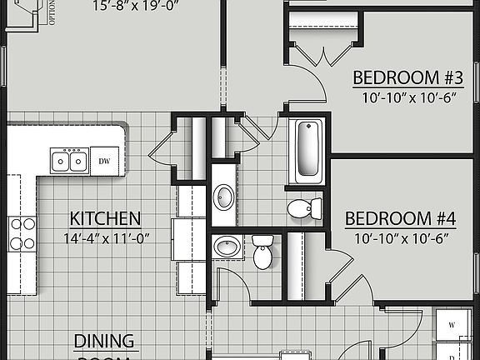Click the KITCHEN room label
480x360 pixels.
point(105,219)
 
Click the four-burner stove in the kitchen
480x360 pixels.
point(22,234)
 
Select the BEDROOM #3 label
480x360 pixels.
point(408,77)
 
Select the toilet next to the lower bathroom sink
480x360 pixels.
point(262,252)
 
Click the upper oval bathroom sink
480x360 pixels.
point(223,197)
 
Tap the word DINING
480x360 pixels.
point(105,342)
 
